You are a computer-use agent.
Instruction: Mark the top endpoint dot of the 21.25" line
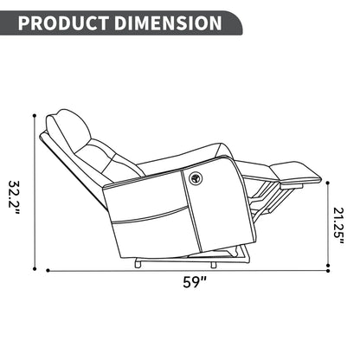click(x=330, y=179)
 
